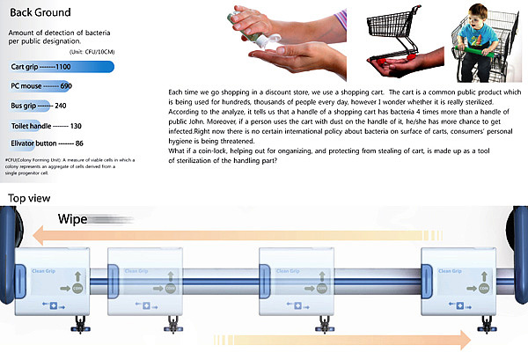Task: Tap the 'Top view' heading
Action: [x=27, y=198]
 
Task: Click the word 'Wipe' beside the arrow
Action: [x=77, y=219]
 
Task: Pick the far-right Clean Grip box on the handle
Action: [x=453, y=278]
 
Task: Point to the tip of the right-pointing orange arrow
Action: [x=470, y=339]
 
